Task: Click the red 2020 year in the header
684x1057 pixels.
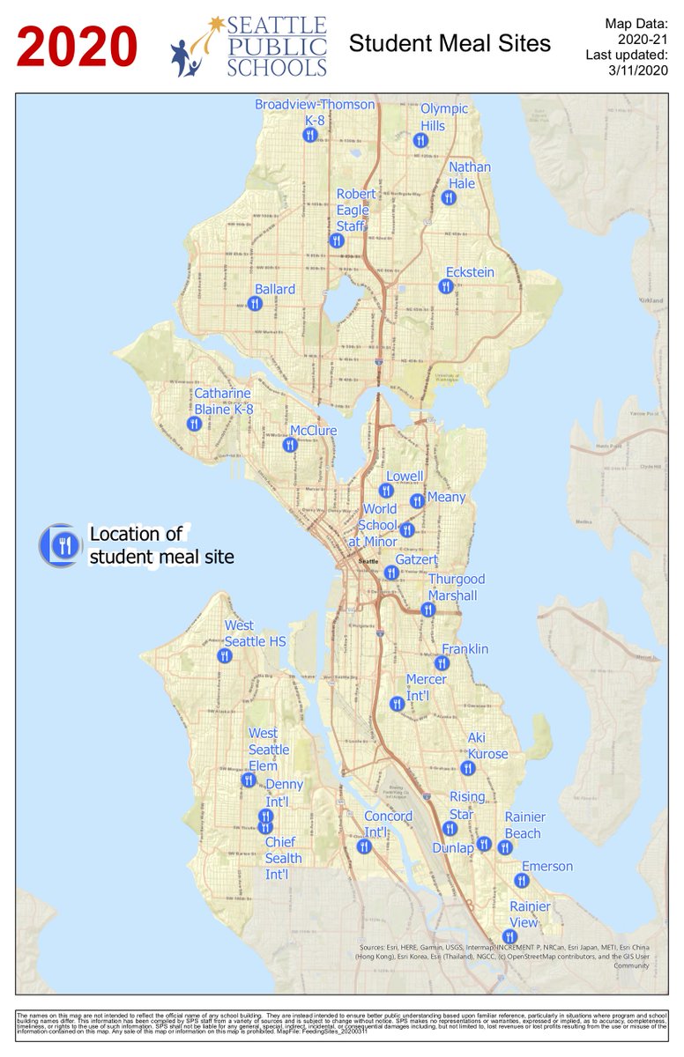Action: [78, 47]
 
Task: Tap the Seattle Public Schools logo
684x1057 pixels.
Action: [249, 46]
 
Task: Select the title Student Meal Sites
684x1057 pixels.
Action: [450, 43]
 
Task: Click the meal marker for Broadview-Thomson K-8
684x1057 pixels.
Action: [309, 135]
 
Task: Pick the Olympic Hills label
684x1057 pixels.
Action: [444, 117]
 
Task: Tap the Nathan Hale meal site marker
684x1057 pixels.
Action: [449, 197]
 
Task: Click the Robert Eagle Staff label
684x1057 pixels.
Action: [356, 210]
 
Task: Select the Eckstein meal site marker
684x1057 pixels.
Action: [446, 286]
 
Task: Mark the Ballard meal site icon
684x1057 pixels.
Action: [255, 303]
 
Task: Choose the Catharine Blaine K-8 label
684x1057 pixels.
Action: [224, 401]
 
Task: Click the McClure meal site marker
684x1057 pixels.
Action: [290, 445]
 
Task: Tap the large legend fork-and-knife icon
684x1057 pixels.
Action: [62, 544]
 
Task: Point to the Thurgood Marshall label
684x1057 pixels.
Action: [457, 588]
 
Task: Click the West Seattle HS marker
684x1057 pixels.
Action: [225, 655]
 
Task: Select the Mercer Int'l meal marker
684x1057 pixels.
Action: [397, 703]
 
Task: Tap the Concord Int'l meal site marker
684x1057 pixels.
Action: [363, 846]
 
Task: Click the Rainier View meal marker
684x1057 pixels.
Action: [509, 936]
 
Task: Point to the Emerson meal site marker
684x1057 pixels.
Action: [521, 880]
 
